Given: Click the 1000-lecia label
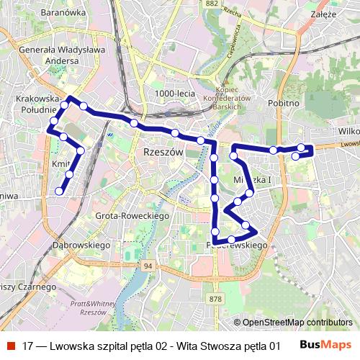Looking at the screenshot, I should point(174,93).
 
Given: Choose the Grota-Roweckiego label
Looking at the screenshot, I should point(132,216).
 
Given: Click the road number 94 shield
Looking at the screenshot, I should point(148,266).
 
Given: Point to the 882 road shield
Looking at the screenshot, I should point(211,4).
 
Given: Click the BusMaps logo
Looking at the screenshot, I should point(325,346).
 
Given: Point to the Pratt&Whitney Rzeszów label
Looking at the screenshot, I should point(89,309).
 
